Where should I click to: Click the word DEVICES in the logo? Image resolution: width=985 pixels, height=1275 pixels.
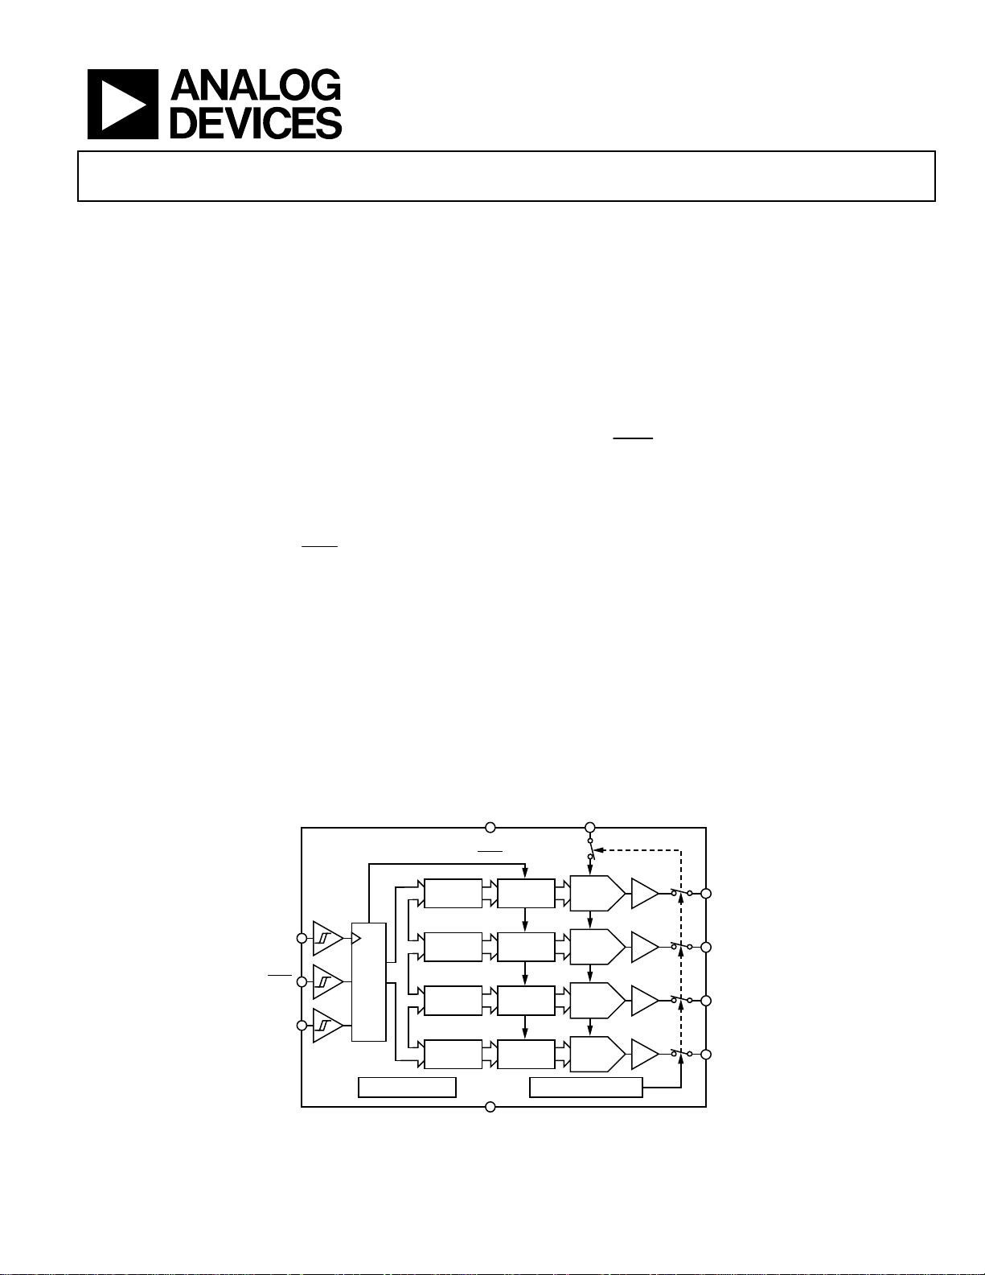[256, 122]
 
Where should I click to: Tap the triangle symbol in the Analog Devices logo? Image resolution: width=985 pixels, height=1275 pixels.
[123, 105]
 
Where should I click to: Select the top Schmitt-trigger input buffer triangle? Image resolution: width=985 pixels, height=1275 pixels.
[328, 938]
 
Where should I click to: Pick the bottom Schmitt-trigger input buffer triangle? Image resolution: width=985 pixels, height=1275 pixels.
[328, 1026]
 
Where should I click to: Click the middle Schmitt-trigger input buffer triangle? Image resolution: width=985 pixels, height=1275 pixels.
[328, 981]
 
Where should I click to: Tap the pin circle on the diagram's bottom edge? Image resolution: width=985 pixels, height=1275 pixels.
[490, 1107]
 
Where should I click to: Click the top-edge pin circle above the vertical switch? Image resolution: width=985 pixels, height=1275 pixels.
[590, 827]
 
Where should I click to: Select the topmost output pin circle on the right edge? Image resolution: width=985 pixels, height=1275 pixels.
[706, 893]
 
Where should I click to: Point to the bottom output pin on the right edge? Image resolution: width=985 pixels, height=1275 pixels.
[706, 1055]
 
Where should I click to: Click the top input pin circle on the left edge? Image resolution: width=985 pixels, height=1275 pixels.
[302, 938]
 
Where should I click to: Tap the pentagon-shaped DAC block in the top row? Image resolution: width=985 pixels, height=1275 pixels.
[597, 893]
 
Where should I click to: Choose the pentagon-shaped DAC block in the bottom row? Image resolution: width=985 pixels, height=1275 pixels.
[597, 1055]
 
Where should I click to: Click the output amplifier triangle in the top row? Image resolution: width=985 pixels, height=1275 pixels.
[645, 893]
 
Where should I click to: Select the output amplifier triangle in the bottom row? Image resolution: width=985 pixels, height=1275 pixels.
[645, 1055]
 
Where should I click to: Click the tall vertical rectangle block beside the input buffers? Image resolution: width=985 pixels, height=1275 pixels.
[369, 982]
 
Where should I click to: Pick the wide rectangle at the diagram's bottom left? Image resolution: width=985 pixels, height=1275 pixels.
[407, 1088]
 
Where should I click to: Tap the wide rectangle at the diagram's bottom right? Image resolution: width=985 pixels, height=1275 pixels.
[585, 1088]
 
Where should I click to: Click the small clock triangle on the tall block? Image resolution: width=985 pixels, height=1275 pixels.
[356, 939]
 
